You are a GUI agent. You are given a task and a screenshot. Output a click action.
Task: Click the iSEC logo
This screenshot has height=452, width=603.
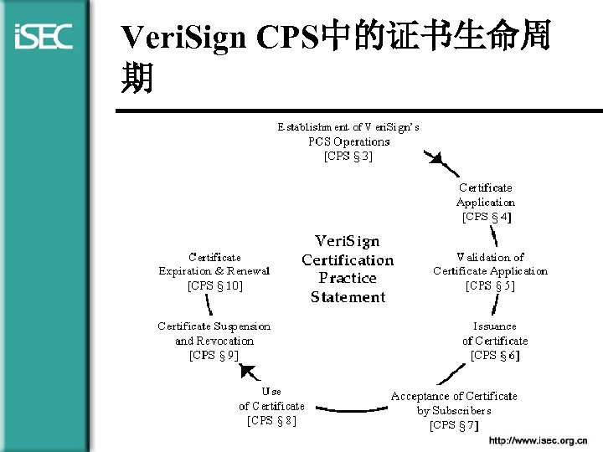(x=44, y=36)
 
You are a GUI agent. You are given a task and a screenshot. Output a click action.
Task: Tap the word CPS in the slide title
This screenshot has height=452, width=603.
(x=286, y=39)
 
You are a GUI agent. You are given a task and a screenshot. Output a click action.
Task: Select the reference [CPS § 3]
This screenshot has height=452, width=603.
(x=348, y=156)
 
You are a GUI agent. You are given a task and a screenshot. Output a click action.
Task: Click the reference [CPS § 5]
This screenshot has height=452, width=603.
(x=490, y=285)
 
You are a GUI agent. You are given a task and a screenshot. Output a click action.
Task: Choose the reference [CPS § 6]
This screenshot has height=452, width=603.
(x=495, y=355)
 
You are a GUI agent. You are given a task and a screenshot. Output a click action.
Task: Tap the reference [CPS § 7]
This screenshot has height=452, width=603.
(x=454, y=425)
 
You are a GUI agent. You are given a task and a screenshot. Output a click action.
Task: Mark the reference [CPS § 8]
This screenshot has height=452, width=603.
(x=271, y=420)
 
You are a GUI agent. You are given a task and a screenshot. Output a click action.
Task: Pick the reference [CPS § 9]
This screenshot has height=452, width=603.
(x=214, y=355)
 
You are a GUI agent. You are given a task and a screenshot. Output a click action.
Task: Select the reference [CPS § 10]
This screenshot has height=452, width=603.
(x=214, y=285)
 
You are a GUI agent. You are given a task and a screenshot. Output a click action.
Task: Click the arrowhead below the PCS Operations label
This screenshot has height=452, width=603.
(x=435, y=159)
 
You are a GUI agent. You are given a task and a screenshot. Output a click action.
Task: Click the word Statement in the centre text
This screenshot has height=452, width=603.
(x=348, y=297)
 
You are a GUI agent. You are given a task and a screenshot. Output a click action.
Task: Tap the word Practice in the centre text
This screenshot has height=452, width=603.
(x=348, y=278)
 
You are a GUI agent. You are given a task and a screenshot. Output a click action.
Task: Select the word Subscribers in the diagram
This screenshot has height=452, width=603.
(x=462, y=410)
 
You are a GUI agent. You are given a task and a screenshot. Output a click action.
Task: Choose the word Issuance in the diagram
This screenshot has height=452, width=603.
(x=495, y=326)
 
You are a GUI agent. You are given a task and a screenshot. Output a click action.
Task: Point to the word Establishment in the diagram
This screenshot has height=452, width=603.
(x=313, y=127)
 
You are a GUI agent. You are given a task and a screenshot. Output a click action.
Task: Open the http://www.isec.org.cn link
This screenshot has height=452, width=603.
(x=544, y=440)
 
